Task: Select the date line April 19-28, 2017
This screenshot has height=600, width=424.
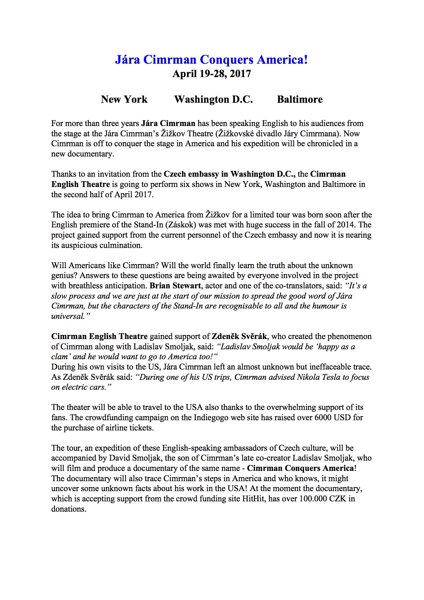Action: tap(211, 74)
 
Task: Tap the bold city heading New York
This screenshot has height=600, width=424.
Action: tap(124, 99)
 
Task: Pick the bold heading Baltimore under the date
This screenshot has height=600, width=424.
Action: tap(300, 99)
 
